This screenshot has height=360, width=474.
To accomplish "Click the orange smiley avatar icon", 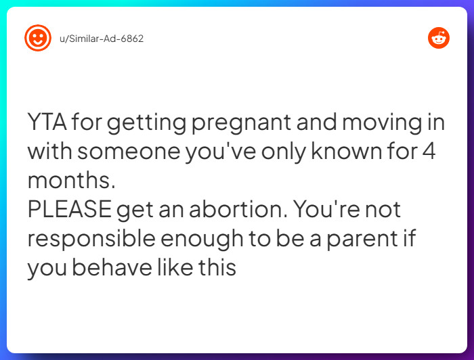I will click(x=38, y=38).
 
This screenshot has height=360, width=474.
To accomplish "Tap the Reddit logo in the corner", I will click(x=439, y=38).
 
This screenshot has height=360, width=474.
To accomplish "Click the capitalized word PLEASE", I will click(x=69, y=210).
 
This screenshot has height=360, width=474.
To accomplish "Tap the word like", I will click(x=173, y=268).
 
